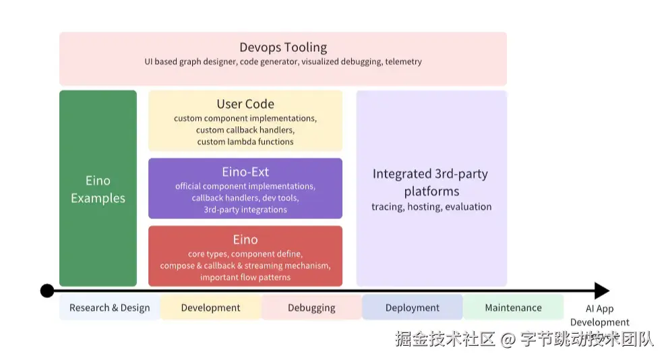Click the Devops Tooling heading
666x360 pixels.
point(283,47)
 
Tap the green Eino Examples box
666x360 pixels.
point(98,189)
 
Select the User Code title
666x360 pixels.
point(245,104)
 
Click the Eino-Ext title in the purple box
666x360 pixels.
point(245,172)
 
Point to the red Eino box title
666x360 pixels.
point(245,239)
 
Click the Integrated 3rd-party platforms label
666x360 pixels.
point(431,183)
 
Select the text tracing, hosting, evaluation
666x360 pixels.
point(431,207)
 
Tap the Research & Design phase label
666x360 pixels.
point(109,307)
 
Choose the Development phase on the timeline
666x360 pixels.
point(210,307)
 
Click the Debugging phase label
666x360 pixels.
point(311,307)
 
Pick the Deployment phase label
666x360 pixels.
point(412,307)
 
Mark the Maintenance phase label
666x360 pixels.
point(513,307)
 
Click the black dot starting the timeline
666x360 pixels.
point(47,291)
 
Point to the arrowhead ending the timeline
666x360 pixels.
point(601,291)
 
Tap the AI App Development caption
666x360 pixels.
point(599,316)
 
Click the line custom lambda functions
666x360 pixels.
point(245,142)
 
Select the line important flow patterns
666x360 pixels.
point(245,277)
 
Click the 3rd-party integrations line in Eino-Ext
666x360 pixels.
point(245,210)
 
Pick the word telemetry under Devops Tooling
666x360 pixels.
point(404,62)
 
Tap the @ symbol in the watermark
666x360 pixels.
point(508,339)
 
